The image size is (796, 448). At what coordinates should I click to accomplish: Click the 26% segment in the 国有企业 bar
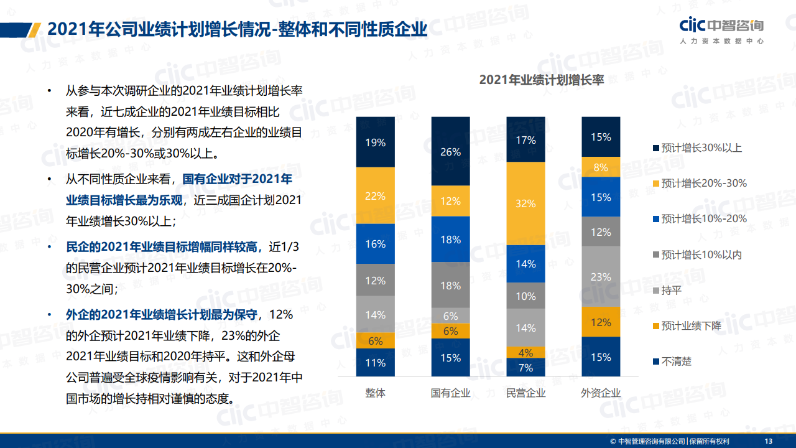[451, 151]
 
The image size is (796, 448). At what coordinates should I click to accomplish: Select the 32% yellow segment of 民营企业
[525, 203]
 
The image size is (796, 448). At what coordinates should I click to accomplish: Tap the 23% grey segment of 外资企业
[601, 277]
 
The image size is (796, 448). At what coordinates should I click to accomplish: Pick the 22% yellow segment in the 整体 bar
[375, 195]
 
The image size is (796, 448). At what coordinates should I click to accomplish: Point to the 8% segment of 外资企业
[601, 167]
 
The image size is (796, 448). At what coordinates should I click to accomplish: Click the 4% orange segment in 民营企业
[525, 352]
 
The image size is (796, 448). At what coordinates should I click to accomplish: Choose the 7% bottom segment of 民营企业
[525, 367]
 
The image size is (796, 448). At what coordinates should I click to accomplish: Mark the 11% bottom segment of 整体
[375, 362]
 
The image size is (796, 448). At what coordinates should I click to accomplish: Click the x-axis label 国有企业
[451, 393]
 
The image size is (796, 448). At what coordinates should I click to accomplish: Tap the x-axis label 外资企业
[601, 393]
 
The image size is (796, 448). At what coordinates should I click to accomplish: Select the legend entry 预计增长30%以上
[698, 148]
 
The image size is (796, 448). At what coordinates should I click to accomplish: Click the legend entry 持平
[667, 291]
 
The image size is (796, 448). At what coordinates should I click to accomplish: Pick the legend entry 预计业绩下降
[687, 326]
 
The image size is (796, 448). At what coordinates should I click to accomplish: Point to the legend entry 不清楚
[672, 362]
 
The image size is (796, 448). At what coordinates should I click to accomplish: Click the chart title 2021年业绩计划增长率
[541, 80]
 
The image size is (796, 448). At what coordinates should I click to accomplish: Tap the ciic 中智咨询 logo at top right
[722, 30]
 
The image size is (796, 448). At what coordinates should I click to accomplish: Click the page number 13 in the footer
[768, 441]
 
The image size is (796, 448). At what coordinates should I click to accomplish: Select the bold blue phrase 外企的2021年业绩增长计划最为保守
[162, 315]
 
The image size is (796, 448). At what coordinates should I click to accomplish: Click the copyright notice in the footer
[670, 441]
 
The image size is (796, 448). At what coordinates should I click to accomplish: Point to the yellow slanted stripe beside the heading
[34, 30]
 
